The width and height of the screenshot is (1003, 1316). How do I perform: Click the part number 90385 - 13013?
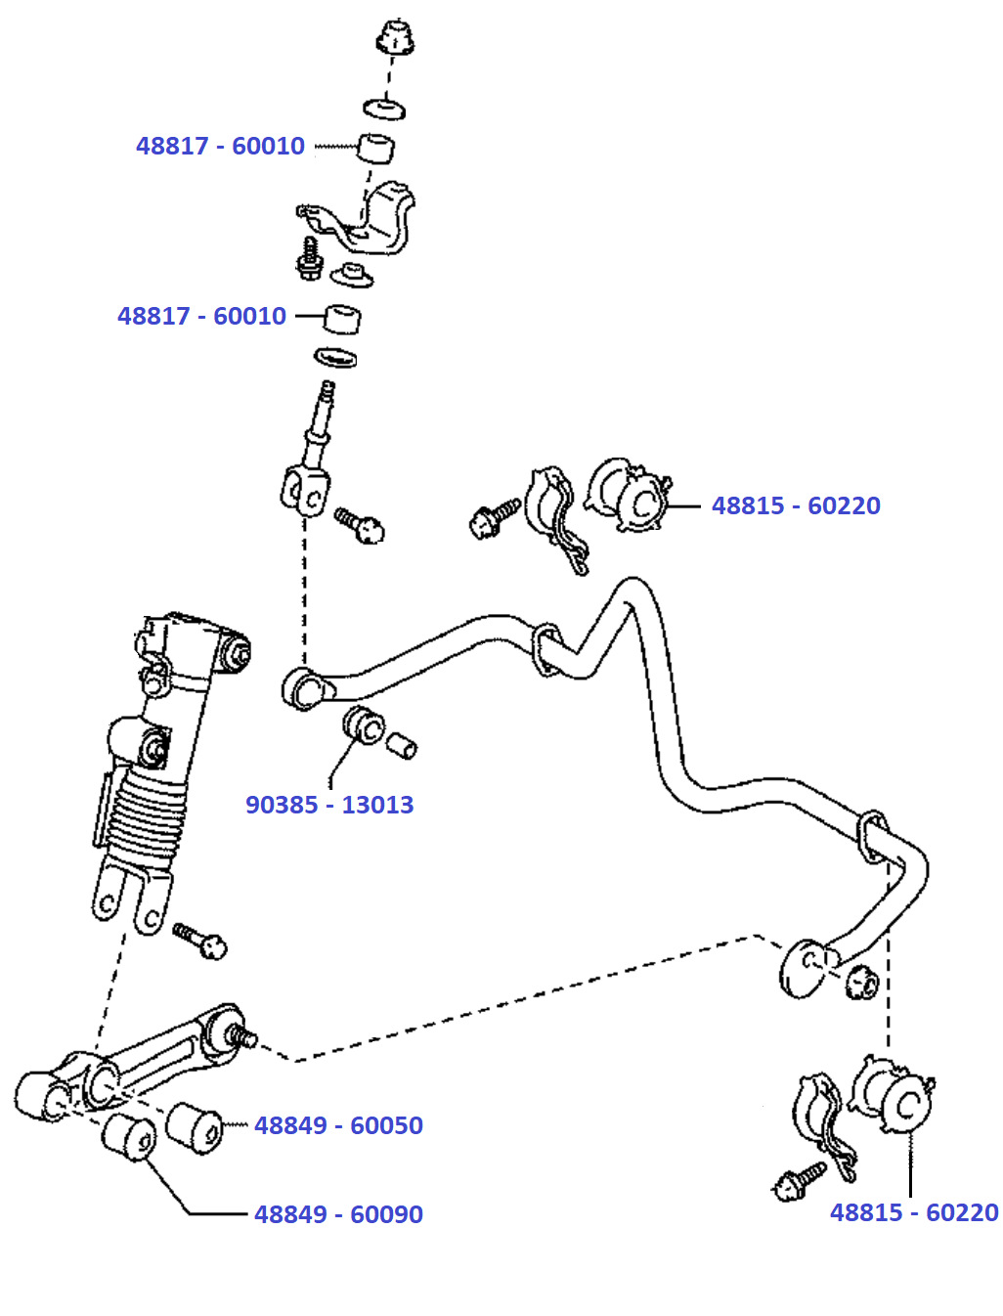329,805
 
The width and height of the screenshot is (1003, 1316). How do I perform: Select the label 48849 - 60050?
338,1125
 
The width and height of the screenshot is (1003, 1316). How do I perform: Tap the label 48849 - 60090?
338,1214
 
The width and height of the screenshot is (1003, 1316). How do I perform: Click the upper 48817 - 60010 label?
220,146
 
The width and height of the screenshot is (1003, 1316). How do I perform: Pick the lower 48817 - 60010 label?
201,316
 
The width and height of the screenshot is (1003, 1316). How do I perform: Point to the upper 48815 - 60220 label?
796,505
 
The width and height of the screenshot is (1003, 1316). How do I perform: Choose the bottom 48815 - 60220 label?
914,1212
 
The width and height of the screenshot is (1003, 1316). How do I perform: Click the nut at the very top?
395,37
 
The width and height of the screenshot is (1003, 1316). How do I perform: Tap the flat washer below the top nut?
384,107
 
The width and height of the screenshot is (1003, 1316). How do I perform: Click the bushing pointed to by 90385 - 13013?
365,724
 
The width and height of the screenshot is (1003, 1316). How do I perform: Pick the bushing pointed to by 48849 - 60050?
195,1126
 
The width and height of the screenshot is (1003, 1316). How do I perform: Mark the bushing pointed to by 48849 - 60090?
128,1136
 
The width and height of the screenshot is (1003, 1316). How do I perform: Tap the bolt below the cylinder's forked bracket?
201,941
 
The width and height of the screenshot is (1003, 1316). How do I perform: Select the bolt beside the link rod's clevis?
360,524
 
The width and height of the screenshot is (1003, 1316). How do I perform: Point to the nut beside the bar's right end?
861,981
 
